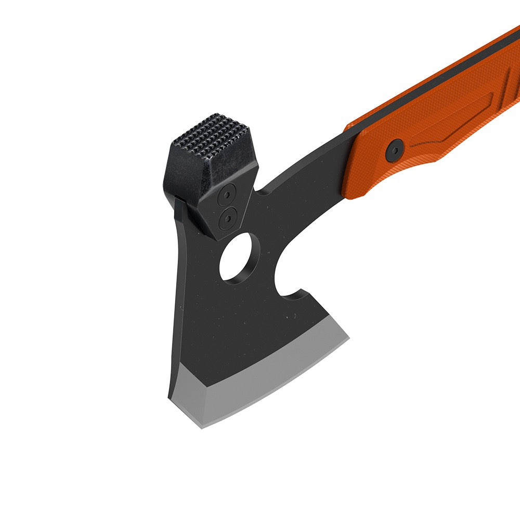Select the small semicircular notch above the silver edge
(295, 296)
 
